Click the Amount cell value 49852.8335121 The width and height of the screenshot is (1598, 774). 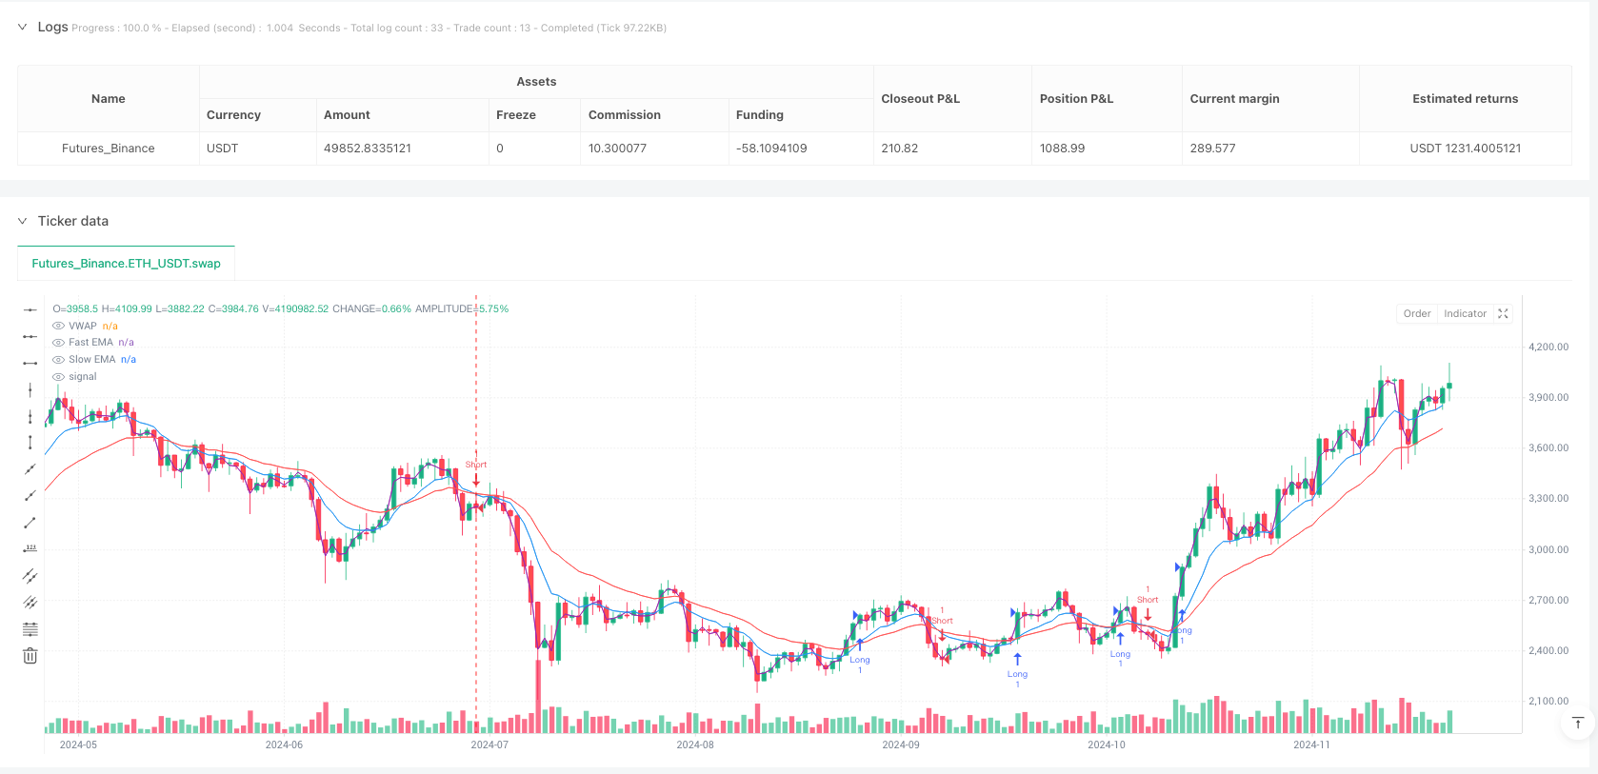(x=368, y=149)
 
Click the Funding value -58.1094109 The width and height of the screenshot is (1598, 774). (x=771, y=149)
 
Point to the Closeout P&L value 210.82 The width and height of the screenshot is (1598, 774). (x=900, y=149)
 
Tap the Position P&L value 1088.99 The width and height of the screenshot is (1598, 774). (x=1062, y=149)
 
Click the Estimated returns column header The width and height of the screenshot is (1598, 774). (x=1465, y=99)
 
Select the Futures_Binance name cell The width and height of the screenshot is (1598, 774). (x=109, y=149)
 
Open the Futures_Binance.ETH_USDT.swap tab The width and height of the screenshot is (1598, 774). (x=126, y=264)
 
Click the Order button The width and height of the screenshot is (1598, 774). (x=1416, y=314)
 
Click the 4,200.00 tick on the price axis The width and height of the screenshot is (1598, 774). (x=1548, y=347)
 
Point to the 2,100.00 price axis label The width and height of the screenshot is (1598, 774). (x=1548, y=702)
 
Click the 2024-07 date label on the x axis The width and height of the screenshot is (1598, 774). (x=489, y=745)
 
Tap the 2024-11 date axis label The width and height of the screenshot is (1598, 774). (x=1311, y=745)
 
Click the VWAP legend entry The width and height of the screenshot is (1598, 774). (x=83, y=326)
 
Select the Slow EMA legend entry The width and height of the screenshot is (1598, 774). (x=91, y=360)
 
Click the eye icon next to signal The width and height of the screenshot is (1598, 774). (x=58, y=377)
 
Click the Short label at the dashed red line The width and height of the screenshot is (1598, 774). (x=476, y=465)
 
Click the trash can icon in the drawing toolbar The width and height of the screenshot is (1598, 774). (x=30, y=656)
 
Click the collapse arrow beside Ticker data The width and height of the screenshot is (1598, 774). (x=22, y=221)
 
